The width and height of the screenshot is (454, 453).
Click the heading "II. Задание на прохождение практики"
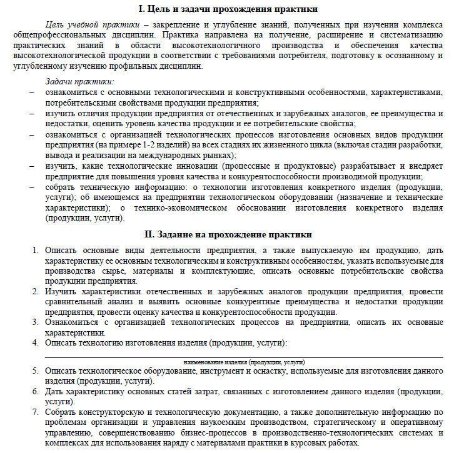pyautogui.click(x=228, y=235)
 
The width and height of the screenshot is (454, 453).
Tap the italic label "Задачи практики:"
pyautogui.click(x=79, y=82)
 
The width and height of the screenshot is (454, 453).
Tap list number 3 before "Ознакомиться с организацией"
pyautogui.click(x=36, y=323)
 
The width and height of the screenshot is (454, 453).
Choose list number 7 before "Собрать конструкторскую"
pyautogui.click(x=36, y=412)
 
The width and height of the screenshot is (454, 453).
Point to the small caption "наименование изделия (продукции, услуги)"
pyautogui.click(x=244, y=362)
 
